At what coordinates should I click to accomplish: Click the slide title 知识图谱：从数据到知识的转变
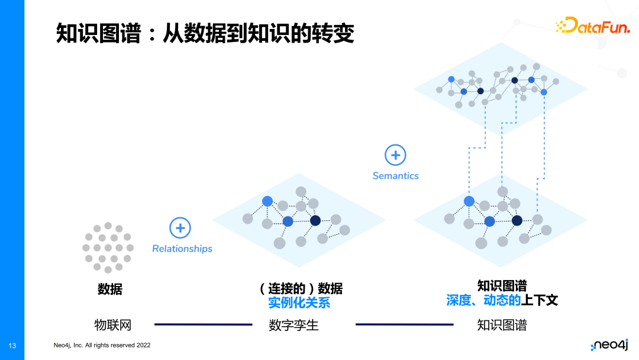205,33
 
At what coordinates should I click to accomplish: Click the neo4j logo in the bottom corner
609,345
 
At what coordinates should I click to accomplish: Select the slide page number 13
12,345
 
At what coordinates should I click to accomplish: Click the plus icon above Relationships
180,228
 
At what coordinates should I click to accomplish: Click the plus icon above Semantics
395,156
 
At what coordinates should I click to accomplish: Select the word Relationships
182,249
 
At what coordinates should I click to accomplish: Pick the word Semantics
395,176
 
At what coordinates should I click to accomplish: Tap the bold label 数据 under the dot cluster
110,289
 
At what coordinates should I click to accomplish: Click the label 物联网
112,324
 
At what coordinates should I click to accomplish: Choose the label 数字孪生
293,325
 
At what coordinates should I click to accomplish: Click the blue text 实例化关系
299,303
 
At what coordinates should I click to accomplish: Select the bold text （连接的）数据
300,288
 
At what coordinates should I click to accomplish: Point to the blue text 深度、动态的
483,300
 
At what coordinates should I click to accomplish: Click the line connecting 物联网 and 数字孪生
203,324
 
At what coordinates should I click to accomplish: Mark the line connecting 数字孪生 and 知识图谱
404,324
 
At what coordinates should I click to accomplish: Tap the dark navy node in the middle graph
315,220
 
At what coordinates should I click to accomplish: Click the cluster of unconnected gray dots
108,247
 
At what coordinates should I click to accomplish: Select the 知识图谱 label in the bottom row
502,325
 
